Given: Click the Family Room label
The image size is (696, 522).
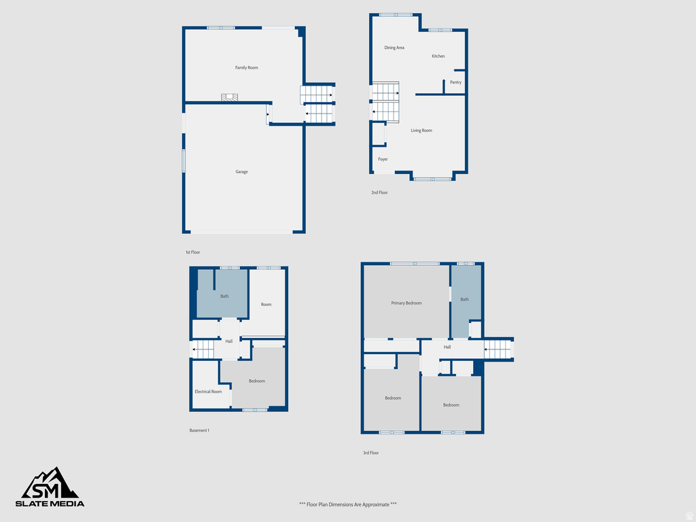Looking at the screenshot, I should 247,68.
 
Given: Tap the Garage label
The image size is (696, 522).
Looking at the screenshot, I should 241,172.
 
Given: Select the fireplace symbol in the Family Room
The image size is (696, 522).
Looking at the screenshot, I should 230,98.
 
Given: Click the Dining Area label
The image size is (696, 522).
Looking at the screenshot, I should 394,48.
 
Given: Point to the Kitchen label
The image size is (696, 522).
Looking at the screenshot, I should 438,56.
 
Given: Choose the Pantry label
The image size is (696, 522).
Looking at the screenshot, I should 455,82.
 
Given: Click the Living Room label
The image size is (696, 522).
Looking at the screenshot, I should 421,130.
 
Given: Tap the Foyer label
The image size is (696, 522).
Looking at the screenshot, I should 383,159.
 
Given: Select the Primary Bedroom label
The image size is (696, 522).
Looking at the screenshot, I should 406,303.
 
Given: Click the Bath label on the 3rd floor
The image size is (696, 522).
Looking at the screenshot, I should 464,300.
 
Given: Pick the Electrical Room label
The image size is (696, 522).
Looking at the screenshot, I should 208,391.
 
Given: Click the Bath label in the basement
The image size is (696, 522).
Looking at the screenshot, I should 224,296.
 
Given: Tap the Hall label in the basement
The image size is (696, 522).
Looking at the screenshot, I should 229,341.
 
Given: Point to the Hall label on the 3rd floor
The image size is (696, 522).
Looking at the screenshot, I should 447,347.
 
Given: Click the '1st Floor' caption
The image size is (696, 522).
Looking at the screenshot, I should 192,252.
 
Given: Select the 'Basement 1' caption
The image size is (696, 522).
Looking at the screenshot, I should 199,430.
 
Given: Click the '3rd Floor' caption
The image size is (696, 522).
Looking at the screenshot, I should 370,453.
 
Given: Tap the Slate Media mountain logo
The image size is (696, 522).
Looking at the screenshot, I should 50,484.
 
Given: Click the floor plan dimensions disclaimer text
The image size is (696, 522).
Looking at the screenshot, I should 347,504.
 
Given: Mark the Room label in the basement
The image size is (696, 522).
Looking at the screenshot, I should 266,304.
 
